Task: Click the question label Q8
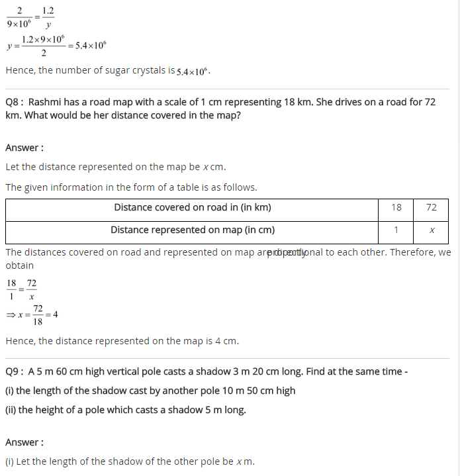pos(14,103)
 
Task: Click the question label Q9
pos(14,371)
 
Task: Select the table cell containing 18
pos(396,207)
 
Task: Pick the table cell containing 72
pos(432,207)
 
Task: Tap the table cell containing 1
pos(396,230)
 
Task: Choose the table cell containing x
pos(432,230)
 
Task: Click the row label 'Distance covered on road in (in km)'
pos(192,207)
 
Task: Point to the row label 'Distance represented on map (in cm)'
pos(192,230)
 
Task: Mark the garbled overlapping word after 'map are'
pos(286,253)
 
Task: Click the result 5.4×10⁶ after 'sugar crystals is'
pos(193,71)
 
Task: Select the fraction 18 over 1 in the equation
pos(11,290)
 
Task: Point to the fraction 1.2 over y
pos(48,18)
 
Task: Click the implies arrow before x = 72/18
pos(10,315)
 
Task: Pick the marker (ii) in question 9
pos(11,410)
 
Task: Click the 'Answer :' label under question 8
pos(24,148)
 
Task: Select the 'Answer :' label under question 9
pos(24,442)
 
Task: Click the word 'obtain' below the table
pos(20,265)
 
